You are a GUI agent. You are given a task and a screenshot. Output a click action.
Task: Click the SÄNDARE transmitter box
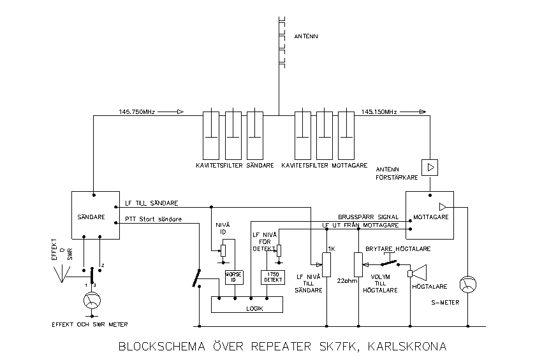pos(95,215)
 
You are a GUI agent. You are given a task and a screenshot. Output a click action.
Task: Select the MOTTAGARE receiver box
pos(429,215)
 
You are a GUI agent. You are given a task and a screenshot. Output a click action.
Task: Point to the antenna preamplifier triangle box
pos(431,168)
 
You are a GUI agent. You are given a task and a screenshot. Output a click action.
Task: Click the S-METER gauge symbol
pos(468,285)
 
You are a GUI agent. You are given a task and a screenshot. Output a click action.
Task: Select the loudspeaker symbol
pos(417,273)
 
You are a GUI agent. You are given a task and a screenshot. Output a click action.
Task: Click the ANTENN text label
pos(305,36)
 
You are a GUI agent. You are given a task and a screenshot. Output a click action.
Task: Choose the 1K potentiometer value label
pos(331,248)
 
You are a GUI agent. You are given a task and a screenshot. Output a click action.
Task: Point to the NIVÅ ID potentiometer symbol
pos(223,251)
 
